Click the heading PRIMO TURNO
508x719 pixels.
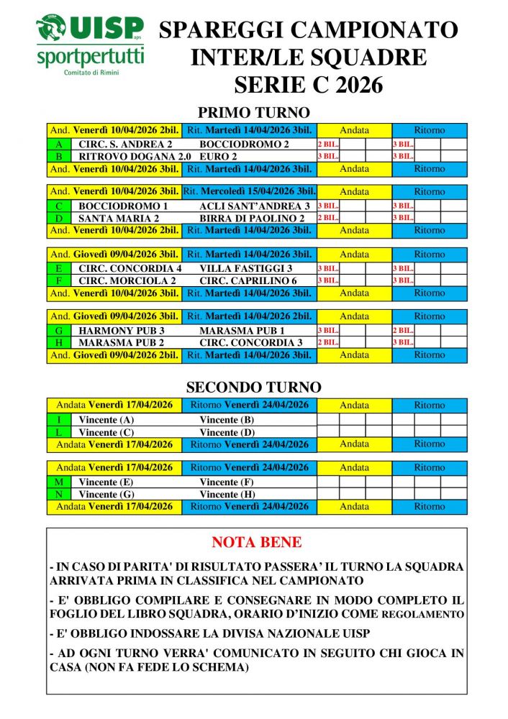(253, 113)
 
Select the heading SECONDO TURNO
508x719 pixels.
(253, 388)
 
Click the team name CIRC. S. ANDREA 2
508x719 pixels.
(125, 144)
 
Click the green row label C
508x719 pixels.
(59, 206)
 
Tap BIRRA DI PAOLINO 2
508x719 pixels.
(252, 218)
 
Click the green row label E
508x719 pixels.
(59, 268)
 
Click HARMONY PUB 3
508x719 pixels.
(122, 330)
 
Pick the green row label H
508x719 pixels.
(59, 342)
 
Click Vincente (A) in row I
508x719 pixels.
(106, 420)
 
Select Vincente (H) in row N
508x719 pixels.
(227, 494)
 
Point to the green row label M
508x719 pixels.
(59, 482)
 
